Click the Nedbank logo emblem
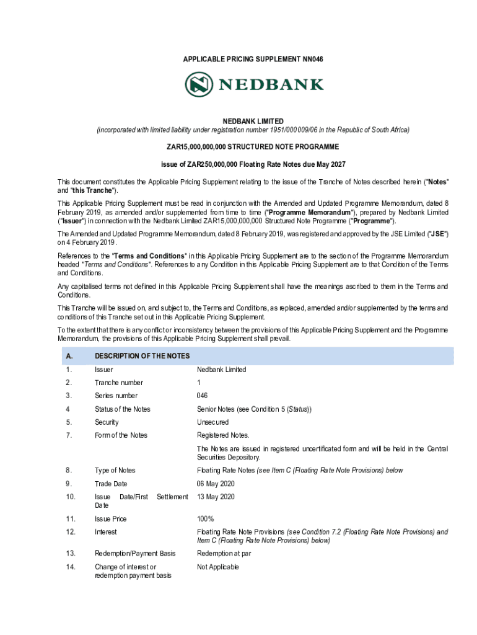199,84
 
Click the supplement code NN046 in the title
312,59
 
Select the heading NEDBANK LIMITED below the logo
253,121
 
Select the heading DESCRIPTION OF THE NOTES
142,356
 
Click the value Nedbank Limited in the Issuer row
221,370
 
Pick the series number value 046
203,396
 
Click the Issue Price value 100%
205,518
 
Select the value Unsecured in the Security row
212,422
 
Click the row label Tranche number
119,383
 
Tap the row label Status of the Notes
123,409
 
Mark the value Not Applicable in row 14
217,567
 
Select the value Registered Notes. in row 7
223,435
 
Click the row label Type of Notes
115,470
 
